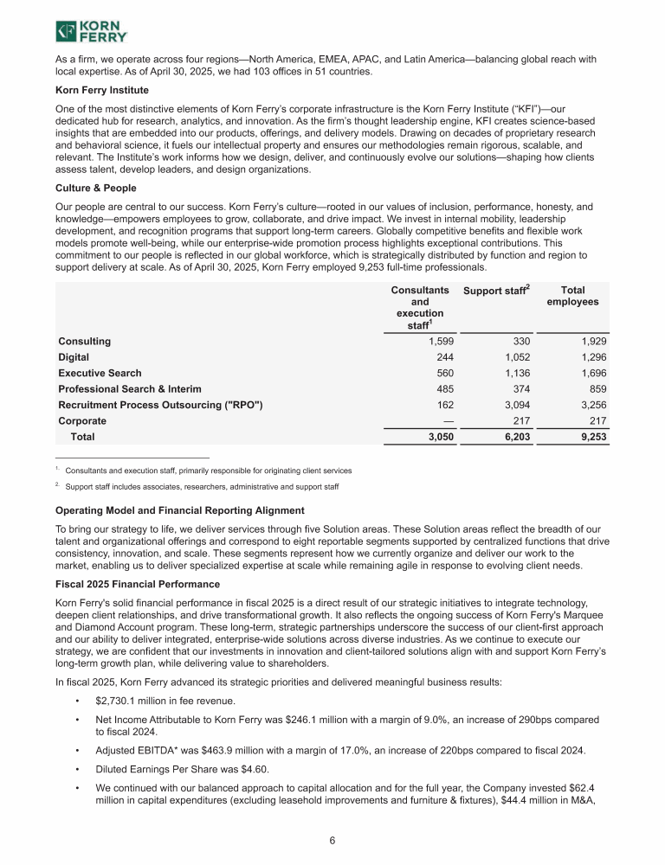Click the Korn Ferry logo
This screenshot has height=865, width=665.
91,32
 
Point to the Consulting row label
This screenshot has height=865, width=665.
84,343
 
